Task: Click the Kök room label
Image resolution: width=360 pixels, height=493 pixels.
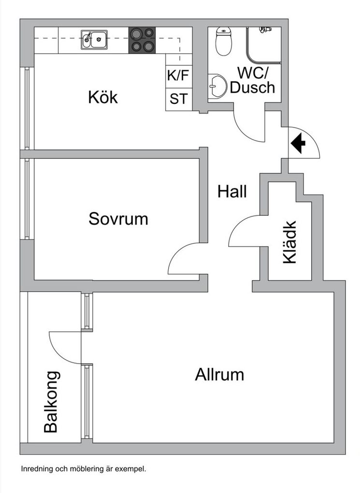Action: [103, 97]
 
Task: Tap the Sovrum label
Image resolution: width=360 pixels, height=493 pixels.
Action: [118, 219]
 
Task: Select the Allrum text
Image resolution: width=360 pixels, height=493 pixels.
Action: [219, 375]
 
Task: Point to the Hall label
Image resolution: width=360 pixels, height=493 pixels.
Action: [232, 191]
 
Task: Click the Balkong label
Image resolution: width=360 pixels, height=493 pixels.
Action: [51, 402]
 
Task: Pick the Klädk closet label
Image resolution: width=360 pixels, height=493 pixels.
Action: [289, 242]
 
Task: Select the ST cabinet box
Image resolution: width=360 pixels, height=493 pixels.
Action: [179, 99]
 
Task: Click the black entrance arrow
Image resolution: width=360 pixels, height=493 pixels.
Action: [298, 143]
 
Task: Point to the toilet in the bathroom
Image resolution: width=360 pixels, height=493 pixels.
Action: [223, 41]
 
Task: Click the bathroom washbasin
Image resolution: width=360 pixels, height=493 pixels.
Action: [217, 86]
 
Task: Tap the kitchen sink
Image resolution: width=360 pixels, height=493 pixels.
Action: [94, 40]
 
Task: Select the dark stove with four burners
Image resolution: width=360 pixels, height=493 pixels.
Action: [142, 40]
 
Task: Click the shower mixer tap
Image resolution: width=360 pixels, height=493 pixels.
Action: [265, 29]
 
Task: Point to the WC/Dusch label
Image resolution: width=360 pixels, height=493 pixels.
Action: [252, 81]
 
